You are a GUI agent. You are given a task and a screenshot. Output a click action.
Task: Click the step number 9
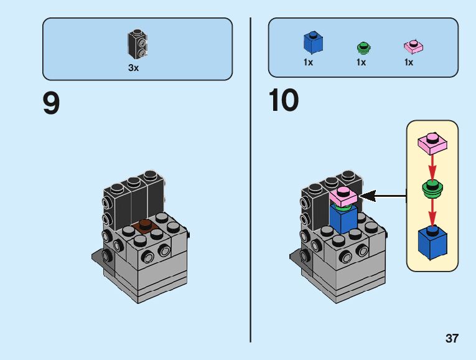(x=51, y=104)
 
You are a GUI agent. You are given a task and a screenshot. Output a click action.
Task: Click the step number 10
(x=284, y=101)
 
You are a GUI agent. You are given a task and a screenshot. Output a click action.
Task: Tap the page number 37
(x=452, y=339)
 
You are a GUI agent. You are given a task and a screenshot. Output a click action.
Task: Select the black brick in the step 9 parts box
(x=138, y=44)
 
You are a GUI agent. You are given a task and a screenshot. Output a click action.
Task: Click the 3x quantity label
(x=133, y=68)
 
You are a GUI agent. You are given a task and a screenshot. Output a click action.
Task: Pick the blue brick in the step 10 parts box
(x=313, y=42)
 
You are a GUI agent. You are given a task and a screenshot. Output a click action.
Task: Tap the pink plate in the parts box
(x=413, y=45)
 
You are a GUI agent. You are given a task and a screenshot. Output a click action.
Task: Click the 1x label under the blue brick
(x=309, y=62)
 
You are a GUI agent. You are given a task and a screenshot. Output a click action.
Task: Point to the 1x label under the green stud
(x=361, y=62)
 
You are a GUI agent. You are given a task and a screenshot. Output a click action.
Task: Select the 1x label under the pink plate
(x=409, y=62)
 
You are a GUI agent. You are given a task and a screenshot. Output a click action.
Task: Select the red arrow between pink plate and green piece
(x=432, y=165)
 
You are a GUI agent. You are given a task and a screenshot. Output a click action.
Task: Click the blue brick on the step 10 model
(x=342, y=218)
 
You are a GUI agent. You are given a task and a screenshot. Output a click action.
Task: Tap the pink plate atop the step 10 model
(x=343, y=197)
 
